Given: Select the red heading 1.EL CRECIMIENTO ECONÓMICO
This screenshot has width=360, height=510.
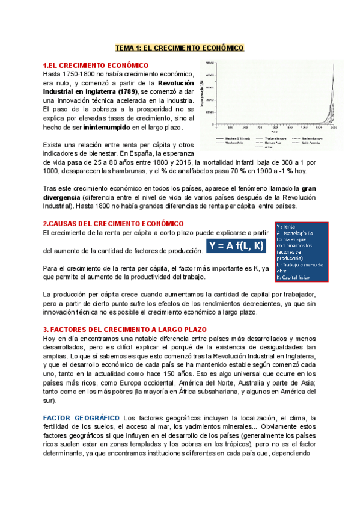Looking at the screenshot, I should click(x=96, y=65).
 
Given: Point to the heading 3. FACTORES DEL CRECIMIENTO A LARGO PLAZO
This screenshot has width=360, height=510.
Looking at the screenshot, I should click(x=124, y=330).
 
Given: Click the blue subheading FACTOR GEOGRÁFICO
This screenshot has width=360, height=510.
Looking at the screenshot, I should click(x=81, y=417).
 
